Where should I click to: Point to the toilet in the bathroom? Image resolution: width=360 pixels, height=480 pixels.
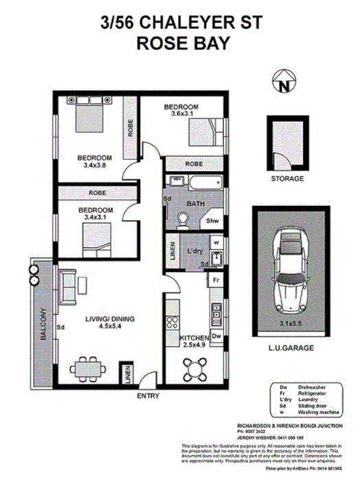coord(183,218)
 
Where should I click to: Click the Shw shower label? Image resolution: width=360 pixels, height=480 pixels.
coord(213,222)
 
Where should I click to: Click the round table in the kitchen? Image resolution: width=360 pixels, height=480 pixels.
coord(196,369)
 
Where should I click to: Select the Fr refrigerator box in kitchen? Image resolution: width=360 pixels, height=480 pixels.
coord(215,282)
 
